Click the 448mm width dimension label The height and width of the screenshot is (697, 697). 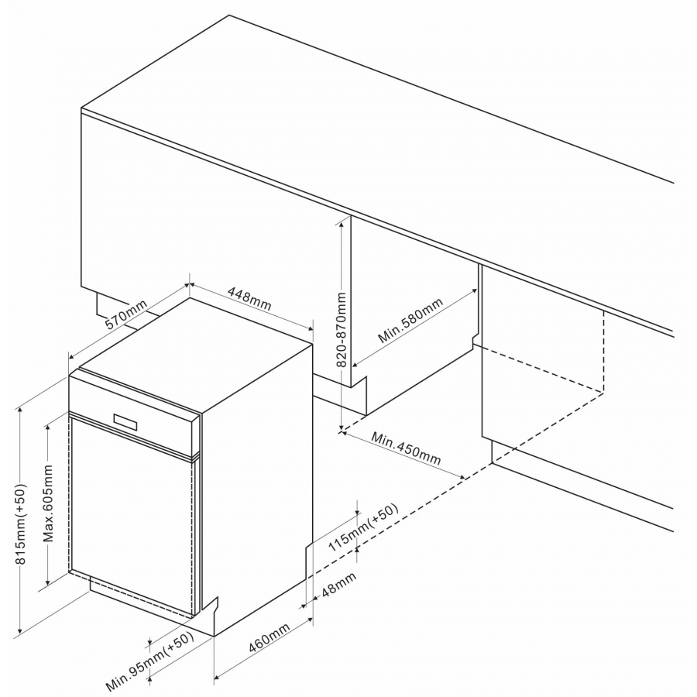pyautogui.click(x=249, y=298)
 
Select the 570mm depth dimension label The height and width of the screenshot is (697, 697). pyautogui.click(x=125, y=314)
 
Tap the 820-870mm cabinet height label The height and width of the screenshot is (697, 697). pyautogui.click(x=341, y=329)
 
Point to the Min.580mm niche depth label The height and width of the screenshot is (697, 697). pyautogui.click(x=410, y=320)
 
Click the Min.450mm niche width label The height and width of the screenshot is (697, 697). pyautogui.click(x=406, y=448)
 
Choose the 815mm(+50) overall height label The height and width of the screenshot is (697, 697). pyautogui.click(x=20, y=524)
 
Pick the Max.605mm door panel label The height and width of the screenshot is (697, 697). pyautogui.click(x=48, y=503)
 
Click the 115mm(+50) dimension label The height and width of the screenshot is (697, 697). pyautogui.click(x=362, y=527)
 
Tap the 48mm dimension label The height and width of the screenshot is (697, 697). pyautogui.click(x=338, y=584)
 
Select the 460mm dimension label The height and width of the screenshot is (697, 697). pyautogui.click(x=269, y=637)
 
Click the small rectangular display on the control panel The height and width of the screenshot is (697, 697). pyautogui.click(x=125, y=422)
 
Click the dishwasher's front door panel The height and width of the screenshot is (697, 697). pyautogui.click(x=132, y=517)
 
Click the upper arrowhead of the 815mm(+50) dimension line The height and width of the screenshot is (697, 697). pyautogui.click(x=19, y=410)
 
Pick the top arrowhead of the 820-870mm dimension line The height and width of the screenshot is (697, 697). pyautogui.click(x=341, y=225)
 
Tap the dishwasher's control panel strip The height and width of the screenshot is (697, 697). pyautogui.click(x=132, y=416)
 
